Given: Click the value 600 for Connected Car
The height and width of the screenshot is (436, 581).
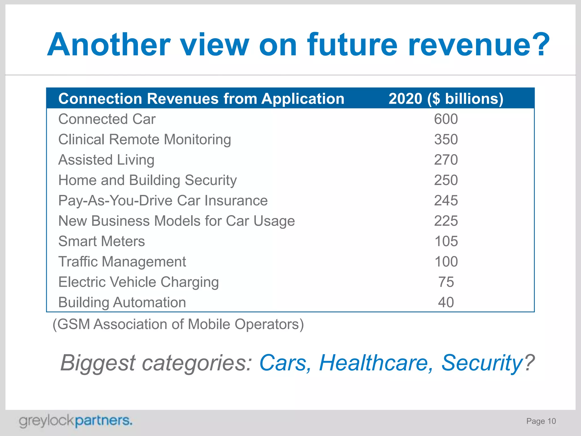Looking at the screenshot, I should pos(446,119).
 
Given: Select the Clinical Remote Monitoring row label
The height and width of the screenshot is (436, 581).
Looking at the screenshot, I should pos(144,139).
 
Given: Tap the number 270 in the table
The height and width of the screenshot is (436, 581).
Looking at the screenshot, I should pos(446,160).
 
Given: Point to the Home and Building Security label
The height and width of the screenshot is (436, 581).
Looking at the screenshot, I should pos(147,180).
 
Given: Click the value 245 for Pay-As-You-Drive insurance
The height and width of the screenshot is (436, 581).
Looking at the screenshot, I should pos(446,201).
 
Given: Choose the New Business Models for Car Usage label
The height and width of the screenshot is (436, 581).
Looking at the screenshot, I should pos(176,221).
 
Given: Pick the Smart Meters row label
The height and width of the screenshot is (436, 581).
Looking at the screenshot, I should pos(102,241).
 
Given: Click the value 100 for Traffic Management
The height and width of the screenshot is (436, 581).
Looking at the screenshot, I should pos(446,262).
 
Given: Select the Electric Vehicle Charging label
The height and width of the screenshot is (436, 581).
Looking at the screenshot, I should pos(138,282).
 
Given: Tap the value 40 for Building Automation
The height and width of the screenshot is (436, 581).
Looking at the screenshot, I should pos(446,302).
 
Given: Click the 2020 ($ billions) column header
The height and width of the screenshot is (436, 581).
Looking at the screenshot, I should pos(446,99).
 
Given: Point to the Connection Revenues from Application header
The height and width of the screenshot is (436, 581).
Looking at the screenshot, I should pos(201,99).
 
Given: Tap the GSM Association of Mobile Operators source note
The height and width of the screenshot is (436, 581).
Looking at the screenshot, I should pos(178,324).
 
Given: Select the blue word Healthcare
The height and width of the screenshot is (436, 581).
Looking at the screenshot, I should pos(376,363).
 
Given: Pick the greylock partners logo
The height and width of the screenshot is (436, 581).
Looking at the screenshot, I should pos(75,421).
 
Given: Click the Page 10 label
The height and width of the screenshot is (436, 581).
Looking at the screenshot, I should pos(541,421).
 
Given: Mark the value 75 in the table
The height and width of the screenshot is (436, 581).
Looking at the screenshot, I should pos(446,282).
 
